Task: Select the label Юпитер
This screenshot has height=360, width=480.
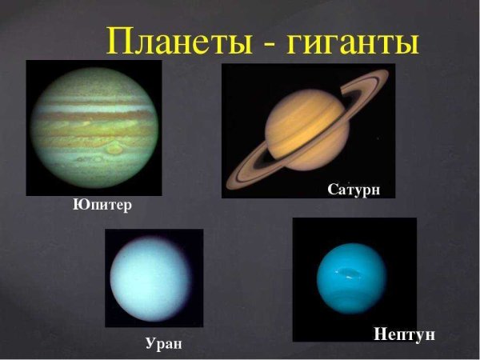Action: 102,206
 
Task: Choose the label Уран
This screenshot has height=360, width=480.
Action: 163,344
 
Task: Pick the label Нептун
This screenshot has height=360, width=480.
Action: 405,334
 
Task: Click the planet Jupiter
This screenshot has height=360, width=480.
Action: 93,128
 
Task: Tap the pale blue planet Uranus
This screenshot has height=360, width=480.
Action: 152,277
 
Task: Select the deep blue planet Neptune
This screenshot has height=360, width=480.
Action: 351,278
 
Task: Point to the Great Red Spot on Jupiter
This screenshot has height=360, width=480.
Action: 114,148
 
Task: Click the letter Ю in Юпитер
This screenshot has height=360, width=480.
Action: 79,205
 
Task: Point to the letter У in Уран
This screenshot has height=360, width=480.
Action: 150,344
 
